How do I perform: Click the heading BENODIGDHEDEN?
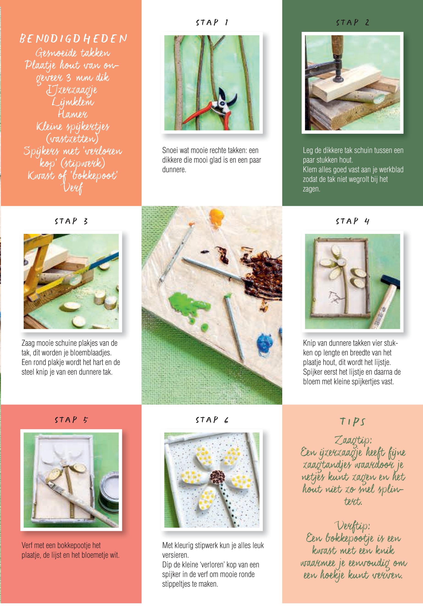(x=73, y=39)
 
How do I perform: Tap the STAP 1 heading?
(x=212, y=22)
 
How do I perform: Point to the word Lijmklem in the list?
(x=73, y=102)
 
